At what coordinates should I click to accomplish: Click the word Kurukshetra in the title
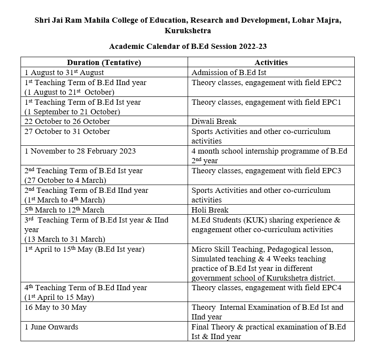[188, 31]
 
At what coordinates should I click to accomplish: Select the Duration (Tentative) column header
[104, 62]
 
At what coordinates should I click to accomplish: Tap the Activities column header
[271, 62]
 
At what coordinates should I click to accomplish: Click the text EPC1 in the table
[332, 102]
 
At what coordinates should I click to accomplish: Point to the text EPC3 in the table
[332, 171]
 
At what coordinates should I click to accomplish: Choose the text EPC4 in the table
[332, 288]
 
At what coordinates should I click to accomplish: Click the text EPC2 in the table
[332, 82]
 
